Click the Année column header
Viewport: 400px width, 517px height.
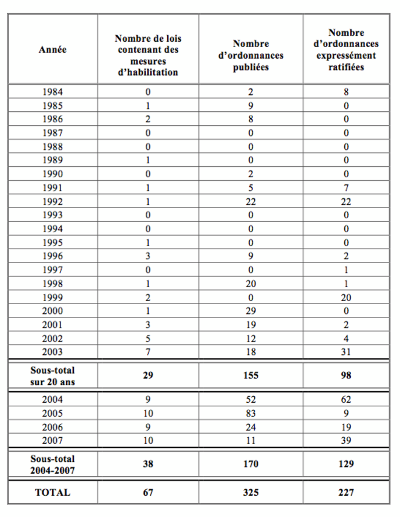pyautogui.click(x=53, y=50)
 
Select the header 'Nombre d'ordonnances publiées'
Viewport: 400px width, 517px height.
pyautogui.click(x=251, y=55)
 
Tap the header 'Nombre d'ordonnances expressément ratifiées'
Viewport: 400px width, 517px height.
pyautogui.click(x=346, y=50)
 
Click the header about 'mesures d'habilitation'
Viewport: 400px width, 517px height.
pyautogui.click(x=148, y=55)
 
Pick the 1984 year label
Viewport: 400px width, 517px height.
pyautogui.click(x=53, y=92)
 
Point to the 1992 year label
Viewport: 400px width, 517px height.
pyautogui.click(x=53, y=201)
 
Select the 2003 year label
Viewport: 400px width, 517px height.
pyautogui.click(x=53, y=351)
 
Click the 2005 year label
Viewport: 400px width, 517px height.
pyautogui.click(x=53, y=413)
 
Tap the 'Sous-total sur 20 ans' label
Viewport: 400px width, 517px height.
pyautogui.click(x=53, y=375)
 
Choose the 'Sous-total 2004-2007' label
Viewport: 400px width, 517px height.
pyautogui.click(x=53, y=464)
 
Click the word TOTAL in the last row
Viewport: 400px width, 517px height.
pyautogui.click(x=53, y=492)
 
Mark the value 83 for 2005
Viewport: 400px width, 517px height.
pyautogui.click(x=251, y=413)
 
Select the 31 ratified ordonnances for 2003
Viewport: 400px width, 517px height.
pyautogui.click(x=346, y=351)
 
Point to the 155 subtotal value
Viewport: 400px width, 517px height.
pyautogui.click(x=251, y=376)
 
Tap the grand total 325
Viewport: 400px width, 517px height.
pyautogui.click(x=251, y=492)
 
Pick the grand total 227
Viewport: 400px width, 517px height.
pyautogui.click(x=346, y=492)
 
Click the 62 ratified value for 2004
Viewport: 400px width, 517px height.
pyautogui.click(x=346, y=399)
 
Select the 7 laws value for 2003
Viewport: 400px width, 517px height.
pyautogui.click(x=148, y=351)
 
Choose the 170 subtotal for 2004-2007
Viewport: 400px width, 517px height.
pyautogui.click(x=251, y=464)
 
